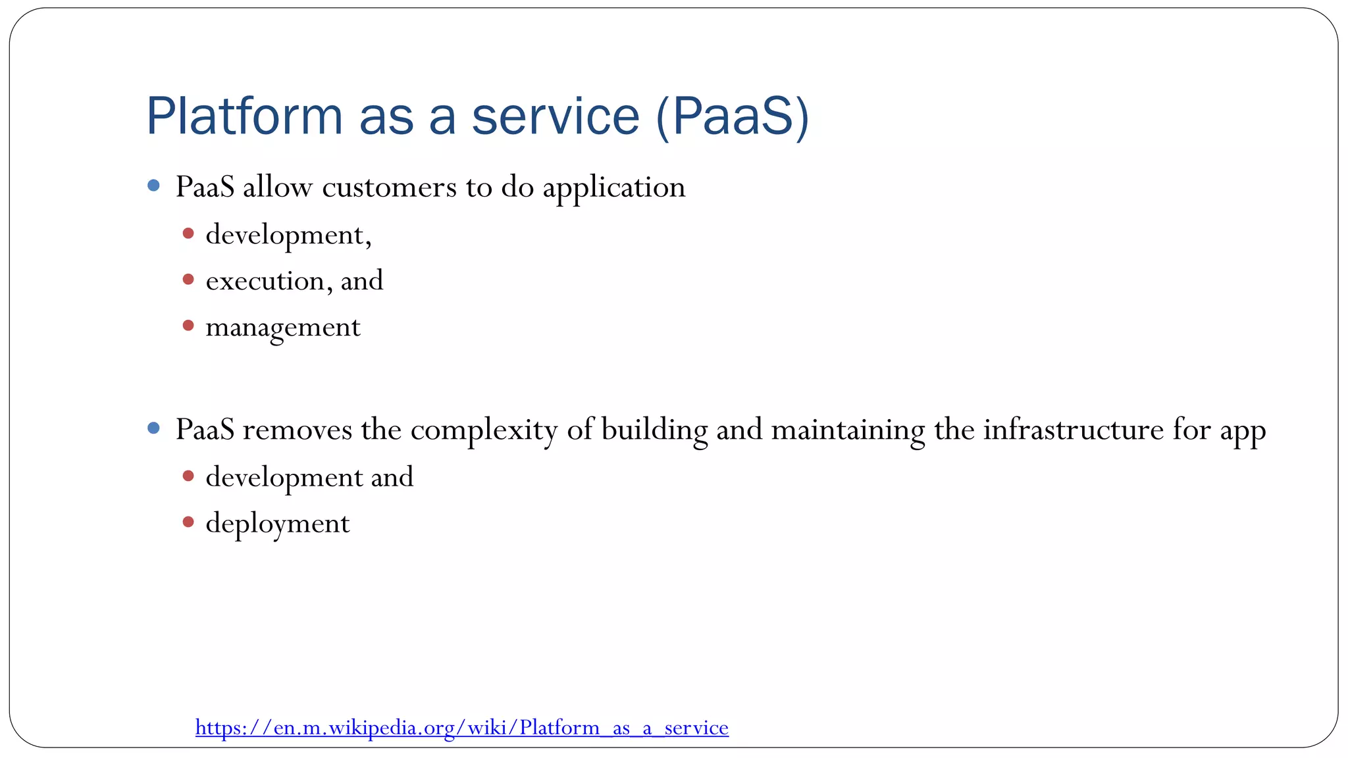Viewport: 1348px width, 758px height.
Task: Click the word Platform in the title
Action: coord(244,116)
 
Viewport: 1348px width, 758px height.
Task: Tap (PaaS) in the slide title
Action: coord(733,117)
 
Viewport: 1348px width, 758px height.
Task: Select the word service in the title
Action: coord(556,116)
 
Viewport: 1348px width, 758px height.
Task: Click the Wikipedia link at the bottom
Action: coord(462,728)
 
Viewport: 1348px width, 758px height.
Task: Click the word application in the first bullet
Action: coord(613,188)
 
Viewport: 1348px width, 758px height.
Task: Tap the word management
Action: coord(283,328)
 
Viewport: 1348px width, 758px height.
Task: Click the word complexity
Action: coord(484,430)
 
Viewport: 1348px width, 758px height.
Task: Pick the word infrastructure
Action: coord(1074,430)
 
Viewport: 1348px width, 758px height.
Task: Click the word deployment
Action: coord(278,524)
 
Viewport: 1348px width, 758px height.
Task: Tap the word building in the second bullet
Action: coord(654,430)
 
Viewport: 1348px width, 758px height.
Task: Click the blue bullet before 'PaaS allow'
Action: coord(154,186)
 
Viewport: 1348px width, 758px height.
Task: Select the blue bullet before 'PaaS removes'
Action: coord(154,428)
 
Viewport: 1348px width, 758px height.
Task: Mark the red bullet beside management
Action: coord(188,325)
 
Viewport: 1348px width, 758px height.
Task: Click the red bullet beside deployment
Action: coord(188,522)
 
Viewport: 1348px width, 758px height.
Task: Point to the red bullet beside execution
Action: coord(188,280)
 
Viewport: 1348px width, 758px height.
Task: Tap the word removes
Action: coord(298,430)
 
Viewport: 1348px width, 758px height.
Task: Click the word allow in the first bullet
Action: coord(277,187)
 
